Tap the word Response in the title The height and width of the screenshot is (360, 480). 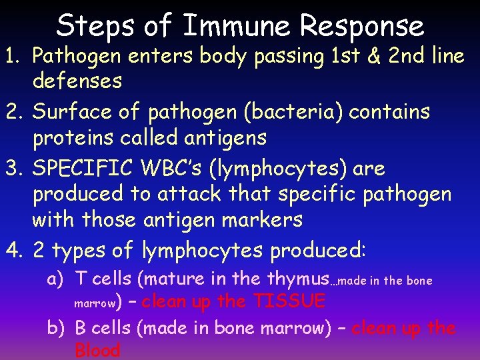[x=362, y=25]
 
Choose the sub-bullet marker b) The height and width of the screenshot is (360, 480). [x=56, y=329]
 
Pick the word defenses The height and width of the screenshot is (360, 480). [x=77, y=81]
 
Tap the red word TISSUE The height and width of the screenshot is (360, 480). [x=289, y=301]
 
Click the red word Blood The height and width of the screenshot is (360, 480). [x=98, y=351]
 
